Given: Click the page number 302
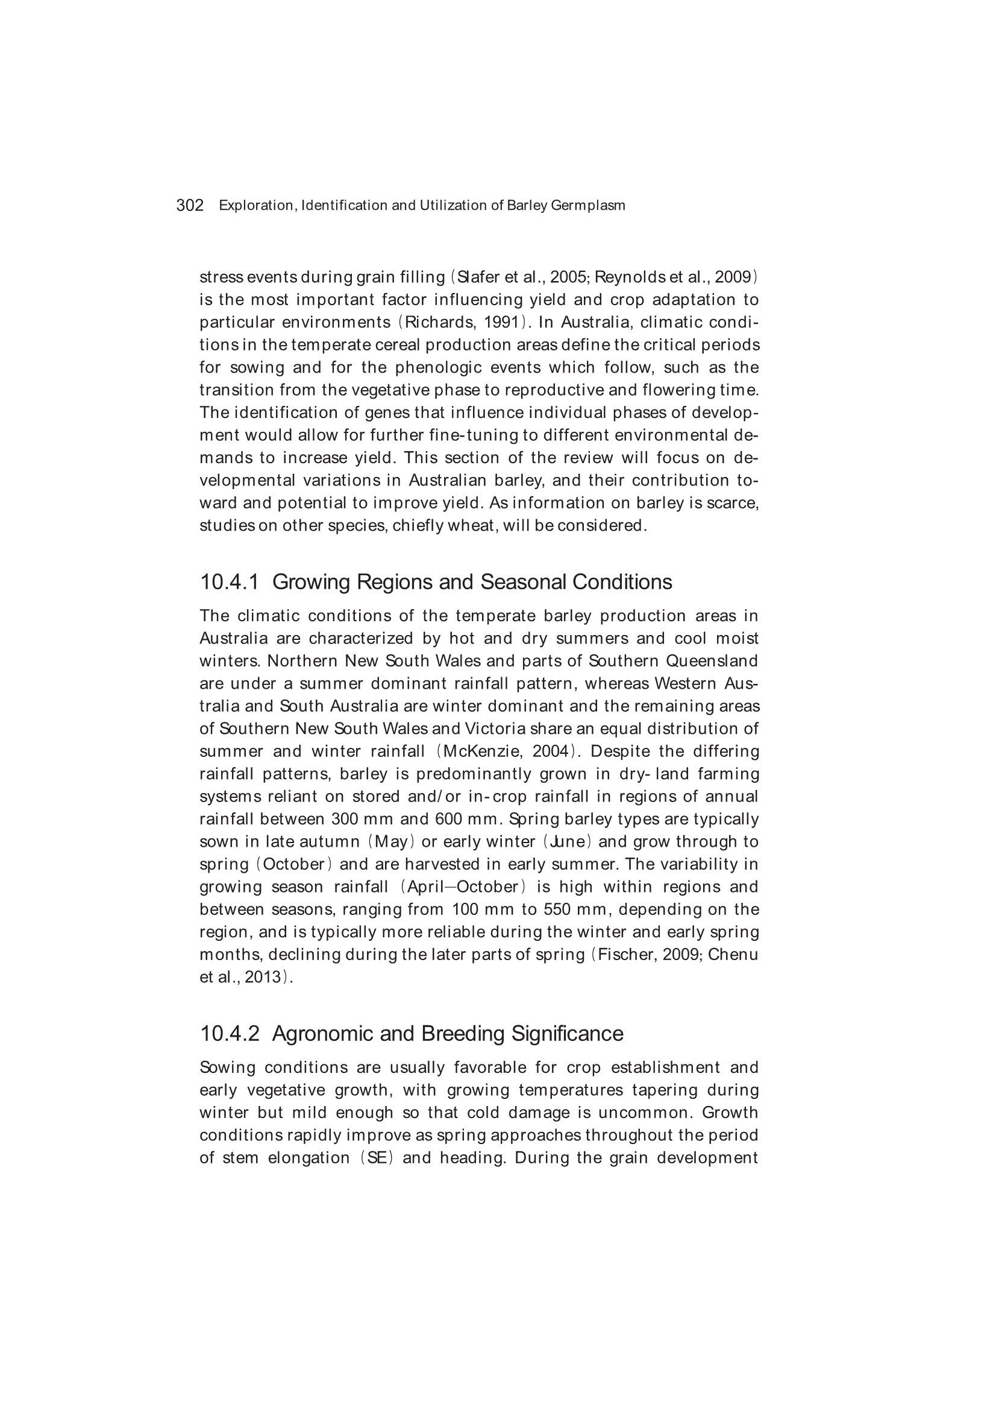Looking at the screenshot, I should point(190,205).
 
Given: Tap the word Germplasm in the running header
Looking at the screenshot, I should point(588,205).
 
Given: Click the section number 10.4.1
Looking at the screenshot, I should point(230,581).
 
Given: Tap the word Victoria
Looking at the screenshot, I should point(495,729).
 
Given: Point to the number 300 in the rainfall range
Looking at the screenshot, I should point(344,819).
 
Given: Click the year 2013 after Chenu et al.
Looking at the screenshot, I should point(263,977).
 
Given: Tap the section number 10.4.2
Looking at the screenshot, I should point(230,1034).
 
